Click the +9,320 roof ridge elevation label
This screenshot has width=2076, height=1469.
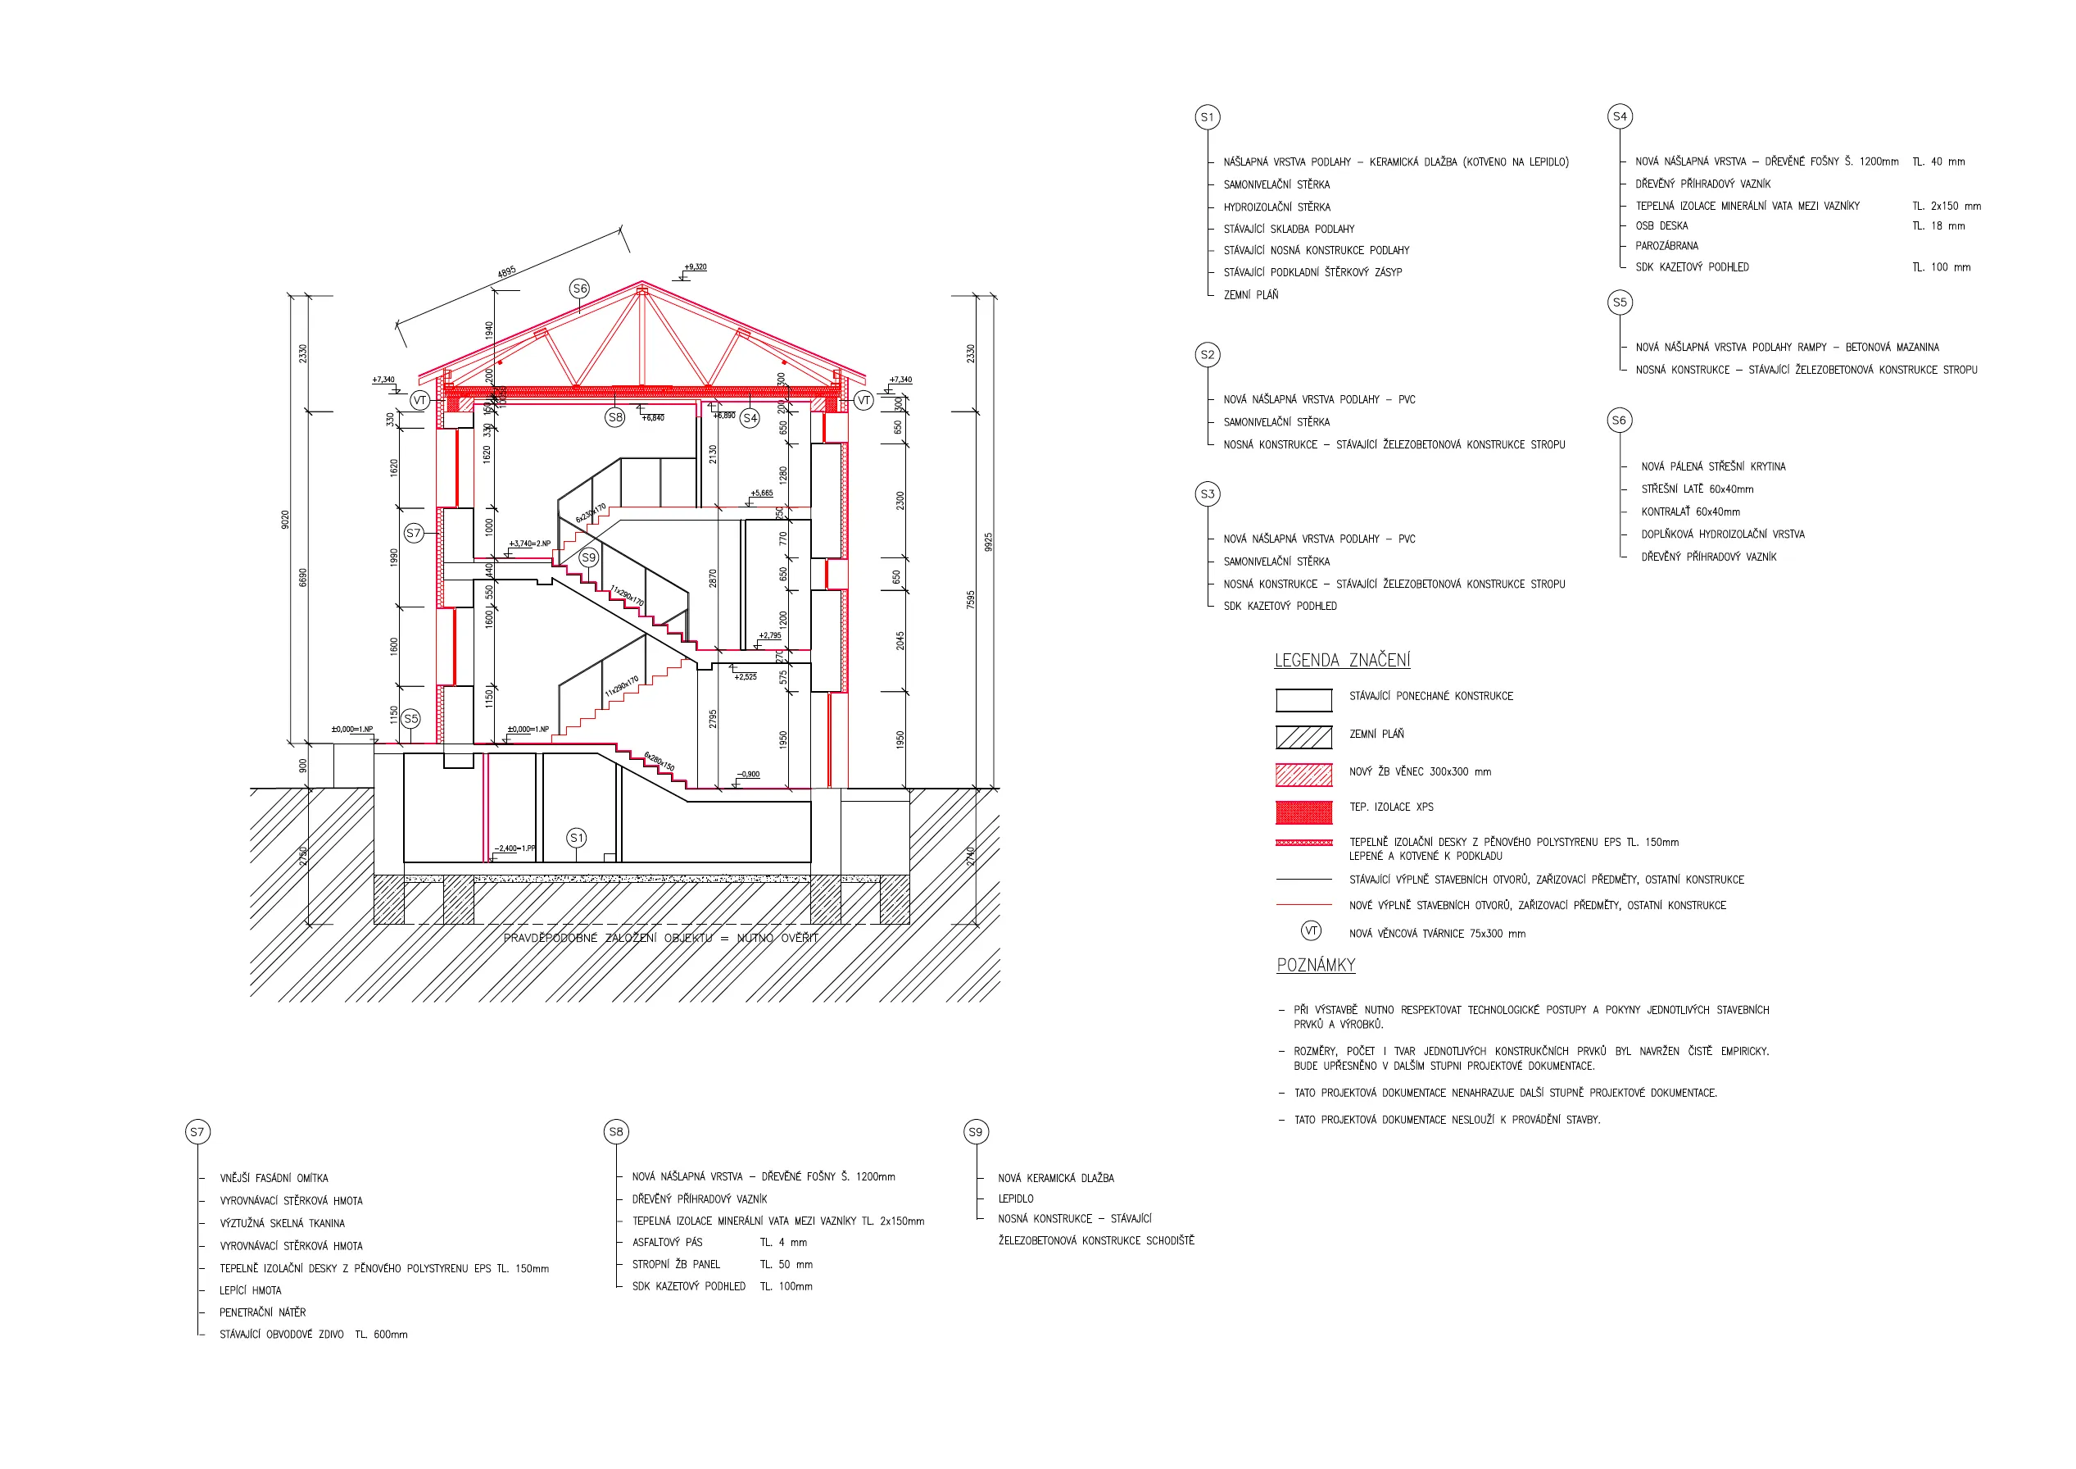tap(696, 267)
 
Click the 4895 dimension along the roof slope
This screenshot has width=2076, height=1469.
tap(506, 271)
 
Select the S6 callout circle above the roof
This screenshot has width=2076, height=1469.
tap(579, 289)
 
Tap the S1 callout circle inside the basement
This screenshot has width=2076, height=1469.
tap(577, 838)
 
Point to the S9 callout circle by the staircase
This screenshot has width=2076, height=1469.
tap(588, 557)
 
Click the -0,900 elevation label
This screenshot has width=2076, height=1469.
tap(749, 775)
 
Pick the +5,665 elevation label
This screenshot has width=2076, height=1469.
tap(761, 493)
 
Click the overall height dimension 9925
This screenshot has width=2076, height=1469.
tap(988, 542)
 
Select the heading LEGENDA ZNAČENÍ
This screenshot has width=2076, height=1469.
tap(1342, 661)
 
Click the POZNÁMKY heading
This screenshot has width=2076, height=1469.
tap(1316, 965)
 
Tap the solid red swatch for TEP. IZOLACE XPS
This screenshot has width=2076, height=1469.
tap(1303, 812)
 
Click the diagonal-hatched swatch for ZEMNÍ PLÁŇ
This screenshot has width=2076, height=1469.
tap(1303, 737)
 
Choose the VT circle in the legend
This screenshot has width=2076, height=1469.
tap(1310, 930)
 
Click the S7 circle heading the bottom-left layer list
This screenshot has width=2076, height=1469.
tap(197, 1131)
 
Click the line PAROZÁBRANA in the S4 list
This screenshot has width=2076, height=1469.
tap(1666, 246)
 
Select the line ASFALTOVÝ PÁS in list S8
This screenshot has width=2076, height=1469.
tap(667, 1243)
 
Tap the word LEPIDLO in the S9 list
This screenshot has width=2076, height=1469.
tap(1015, 1198)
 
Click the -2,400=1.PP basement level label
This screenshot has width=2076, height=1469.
tap(514, 848)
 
